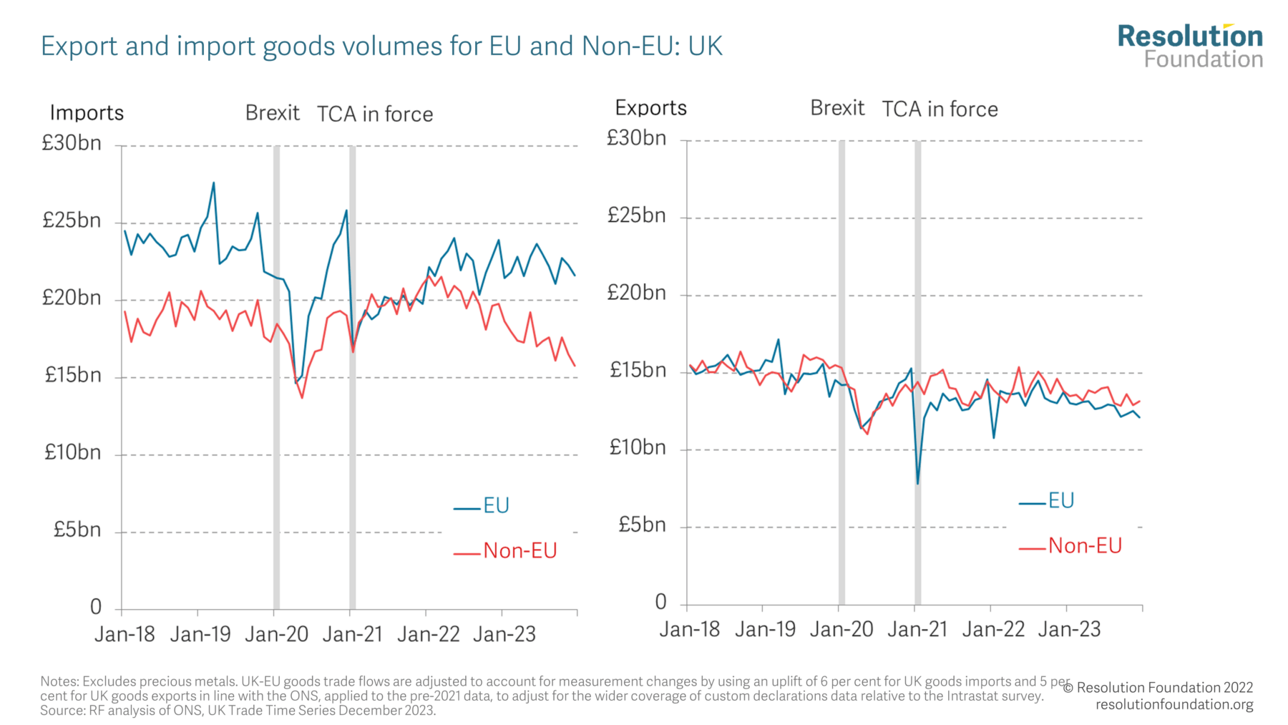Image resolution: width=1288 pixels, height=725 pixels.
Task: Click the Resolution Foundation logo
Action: (1190, 46)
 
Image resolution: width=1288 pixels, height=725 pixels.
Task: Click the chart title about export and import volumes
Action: (381, 47)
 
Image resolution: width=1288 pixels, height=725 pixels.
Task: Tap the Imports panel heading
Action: (87, 113)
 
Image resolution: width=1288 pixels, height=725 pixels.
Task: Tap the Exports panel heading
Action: (650, 108)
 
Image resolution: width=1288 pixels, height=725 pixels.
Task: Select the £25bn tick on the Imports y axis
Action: (72, 220)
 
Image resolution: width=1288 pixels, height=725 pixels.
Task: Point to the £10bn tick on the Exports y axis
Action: (637, 448)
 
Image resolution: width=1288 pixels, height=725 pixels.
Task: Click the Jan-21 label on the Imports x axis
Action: (352, 634)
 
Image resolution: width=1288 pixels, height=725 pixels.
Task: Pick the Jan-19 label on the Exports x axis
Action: (765, 630)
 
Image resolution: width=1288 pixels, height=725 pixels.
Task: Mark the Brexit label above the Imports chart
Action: (272, 113)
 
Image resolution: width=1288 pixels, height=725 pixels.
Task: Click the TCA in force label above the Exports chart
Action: (940, 110)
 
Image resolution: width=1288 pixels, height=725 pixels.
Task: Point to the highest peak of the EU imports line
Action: (213, 183)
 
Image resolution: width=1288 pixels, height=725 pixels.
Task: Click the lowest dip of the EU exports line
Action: (917, 483)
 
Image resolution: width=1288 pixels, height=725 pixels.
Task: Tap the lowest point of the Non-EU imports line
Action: (302, 397)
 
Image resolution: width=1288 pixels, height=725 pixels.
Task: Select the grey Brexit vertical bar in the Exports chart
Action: (841, 372)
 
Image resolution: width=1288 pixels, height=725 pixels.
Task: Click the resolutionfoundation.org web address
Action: (1174, 704)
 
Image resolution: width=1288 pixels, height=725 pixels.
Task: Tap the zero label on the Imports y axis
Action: (96, 608)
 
